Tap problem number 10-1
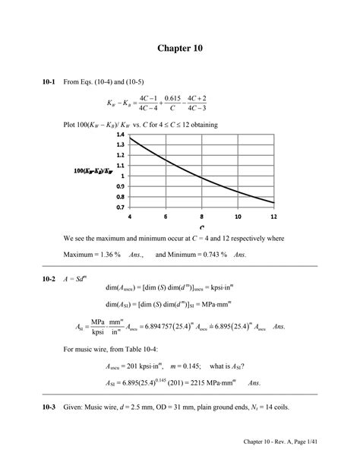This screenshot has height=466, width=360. (28, 82)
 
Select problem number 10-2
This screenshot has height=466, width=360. (28, 279)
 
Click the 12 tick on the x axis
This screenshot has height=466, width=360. (273, 216)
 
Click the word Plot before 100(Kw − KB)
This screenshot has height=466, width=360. (71, 123)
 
